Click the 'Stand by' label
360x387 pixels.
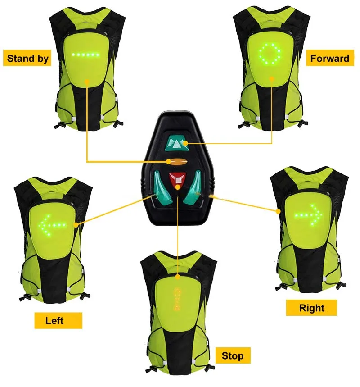tap(27, 59)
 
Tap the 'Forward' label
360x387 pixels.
tap(329, 58)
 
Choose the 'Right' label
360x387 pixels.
tap(311, 308)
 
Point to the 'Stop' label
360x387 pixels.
tap(232, 356)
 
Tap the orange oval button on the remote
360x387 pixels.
tap(176, 162)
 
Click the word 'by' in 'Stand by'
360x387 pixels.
tap(41, 59)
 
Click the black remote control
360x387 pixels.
tap(179, 167)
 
